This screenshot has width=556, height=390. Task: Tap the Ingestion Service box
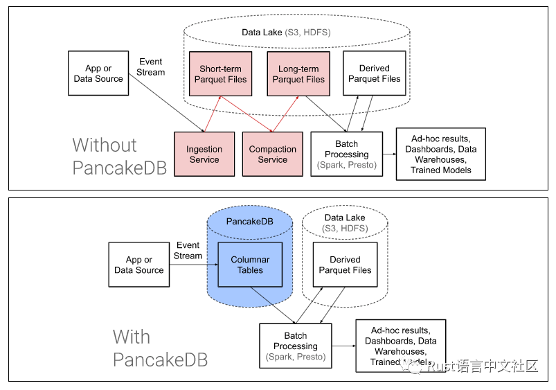pos(204,154)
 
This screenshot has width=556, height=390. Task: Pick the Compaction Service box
pos(272,154)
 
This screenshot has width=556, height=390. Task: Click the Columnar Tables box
pos(250,265)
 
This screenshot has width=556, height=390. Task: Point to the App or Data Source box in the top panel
pos(98,73)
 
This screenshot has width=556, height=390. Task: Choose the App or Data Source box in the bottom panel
pos(138,265)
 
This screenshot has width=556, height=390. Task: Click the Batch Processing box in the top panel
pos(346,154)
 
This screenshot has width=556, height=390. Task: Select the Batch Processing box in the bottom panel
pos(295,346)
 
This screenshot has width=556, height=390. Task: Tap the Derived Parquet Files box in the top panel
pos(374,73)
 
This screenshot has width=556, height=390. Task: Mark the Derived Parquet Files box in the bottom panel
pos(345,265)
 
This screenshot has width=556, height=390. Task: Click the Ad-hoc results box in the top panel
pos(440,154)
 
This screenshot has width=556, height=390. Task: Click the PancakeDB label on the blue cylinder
pos(250,221)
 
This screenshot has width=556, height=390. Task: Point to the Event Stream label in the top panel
pos(151,67)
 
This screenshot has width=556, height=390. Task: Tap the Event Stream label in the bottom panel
pos(188,250)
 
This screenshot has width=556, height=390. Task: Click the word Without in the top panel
pos(105,145)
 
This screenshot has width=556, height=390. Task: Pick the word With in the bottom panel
pos(132,337)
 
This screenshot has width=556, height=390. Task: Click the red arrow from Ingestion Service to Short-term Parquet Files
pos(212,114)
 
